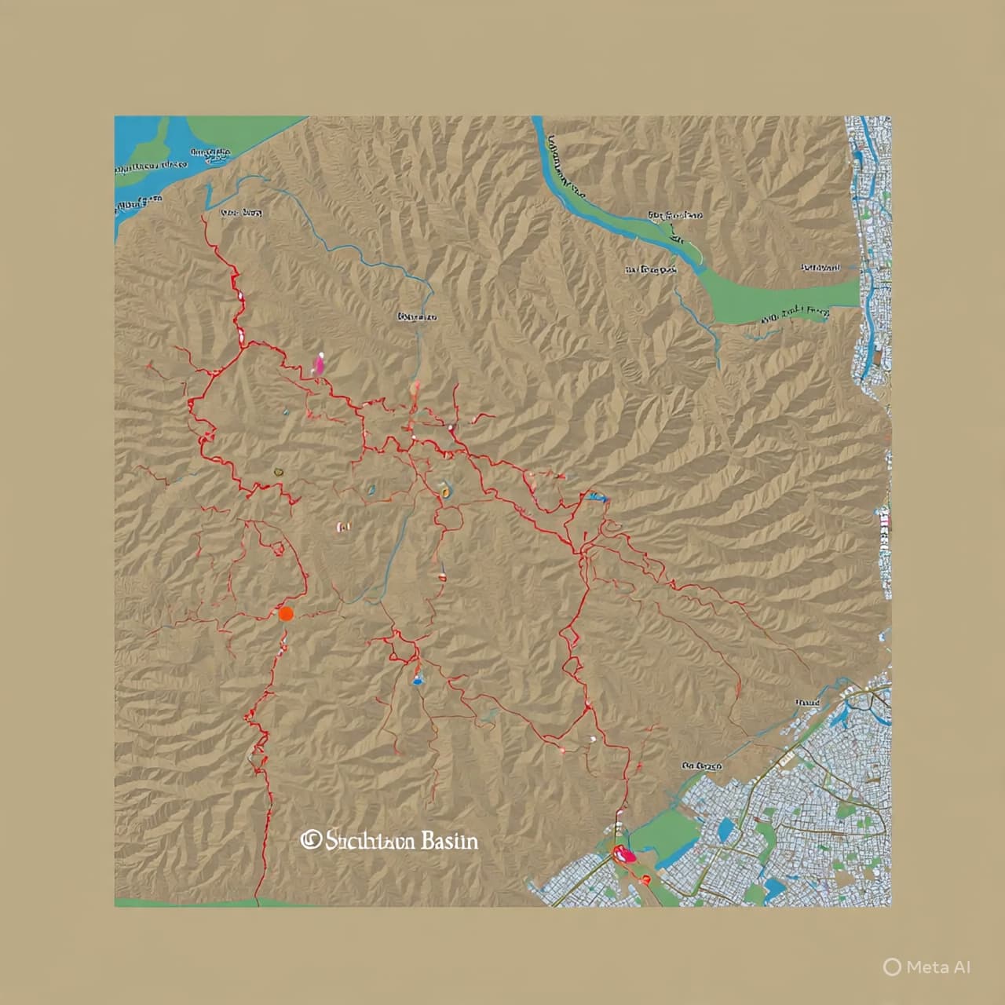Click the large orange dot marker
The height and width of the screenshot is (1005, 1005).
point(286,614)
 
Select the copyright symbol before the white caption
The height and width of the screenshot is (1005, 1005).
point(310,840)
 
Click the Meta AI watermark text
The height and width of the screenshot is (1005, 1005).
point(938,967)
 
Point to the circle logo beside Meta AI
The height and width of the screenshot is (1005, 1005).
point(892,967)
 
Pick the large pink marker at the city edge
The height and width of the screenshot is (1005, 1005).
point(624,853)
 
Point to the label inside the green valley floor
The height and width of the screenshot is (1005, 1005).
point(795,315)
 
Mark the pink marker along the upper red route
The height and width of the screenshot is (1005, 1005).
point(319,363)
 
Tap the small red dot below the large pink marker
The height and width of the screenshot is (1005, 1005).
point(645,879)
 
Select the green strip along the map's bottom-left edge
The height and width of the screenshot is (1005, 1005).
point(188,902)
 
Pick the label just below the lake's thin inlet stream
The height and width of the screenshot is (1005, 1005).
point(240,213)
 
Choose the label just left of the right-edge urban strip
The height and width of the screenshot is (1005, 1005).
point(820,268)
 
